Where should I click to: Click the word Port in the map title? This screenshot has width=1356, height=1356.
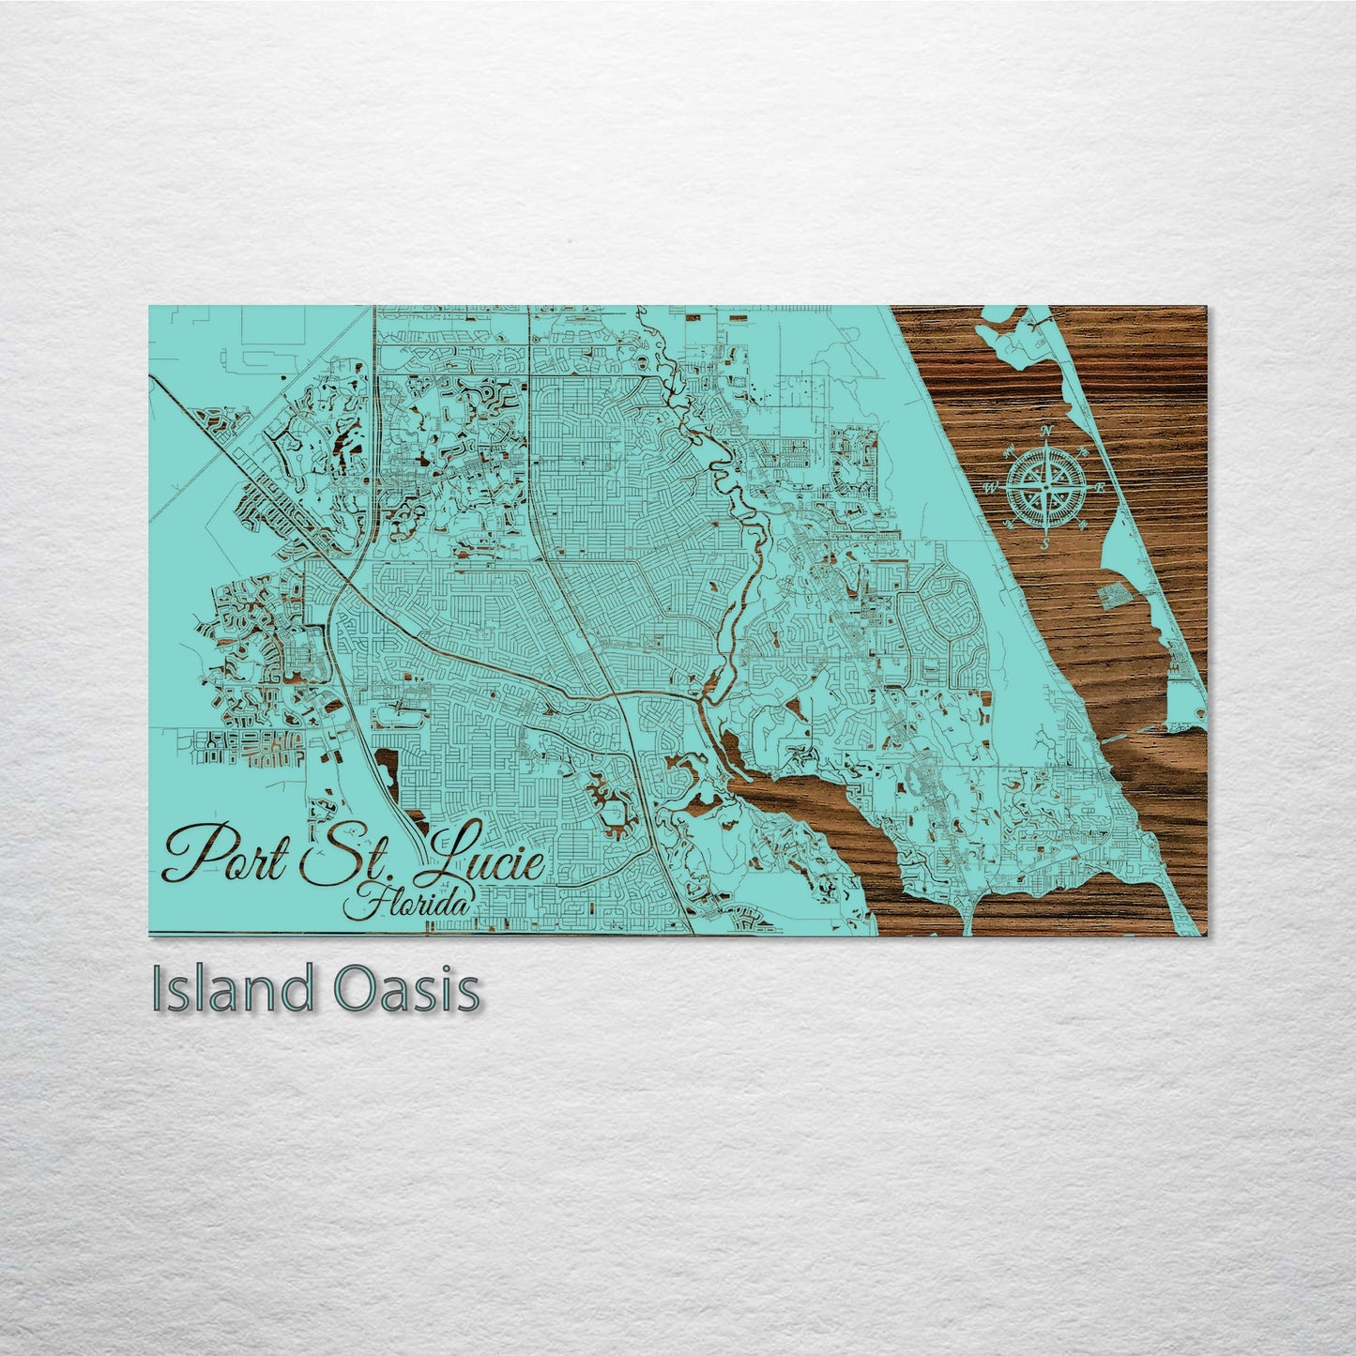(x=225, y=853)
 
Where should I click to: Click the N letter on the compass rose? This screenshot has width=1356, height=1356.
(x=1047, y=431)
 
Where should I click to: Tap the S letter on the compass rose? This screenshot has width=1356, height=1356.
(x=1044, y=542)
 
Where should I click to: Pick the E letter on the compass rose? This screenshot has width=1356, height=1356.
(x=1099, y=487)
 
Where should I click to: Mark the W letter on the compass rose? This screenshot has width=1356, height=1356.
(x=989, y=488)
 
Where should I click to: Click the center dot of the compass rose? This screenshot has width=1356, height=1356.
(x=1045, y=487)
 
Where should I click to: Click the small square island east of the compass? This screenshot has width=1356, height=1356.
(x=1113, y=594)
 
